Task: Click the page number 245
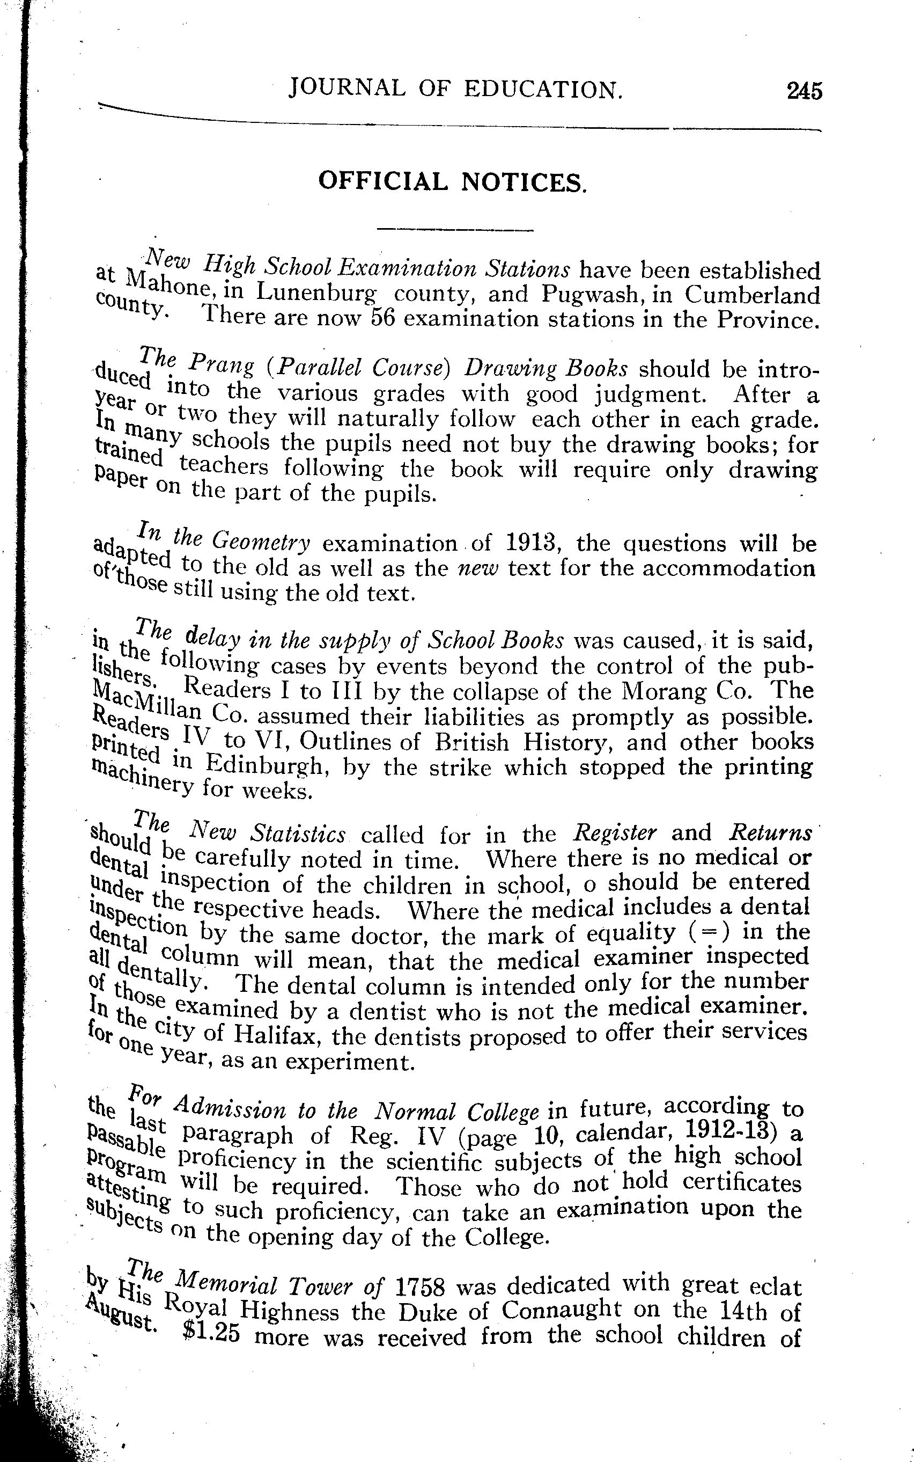(804, 91)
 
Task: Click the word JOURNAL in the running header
(347, 89)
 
